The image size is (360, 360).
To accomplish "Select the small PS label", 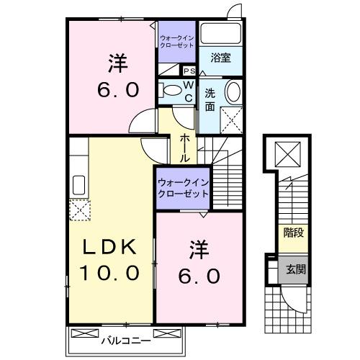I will (x=189, y=71).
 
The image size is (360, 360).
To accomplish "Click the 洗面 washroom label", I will (x=210, y=99).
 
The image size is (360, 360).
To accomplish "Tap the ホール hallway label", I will (x=185, y=147).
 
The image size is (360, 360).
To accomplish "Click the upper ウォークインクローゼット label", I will (x=176, y=41).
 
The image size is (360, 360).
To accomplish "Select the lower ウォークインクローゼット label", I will (x=182, y=188).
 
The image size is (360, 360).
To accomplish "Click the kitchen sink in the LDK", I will (x=78, y=186).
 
